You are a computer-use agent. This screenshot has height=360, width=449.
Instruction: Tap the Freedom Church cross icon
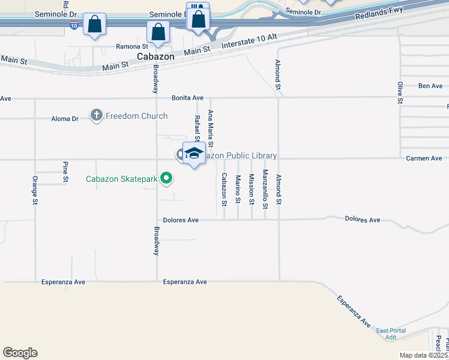point(97,116)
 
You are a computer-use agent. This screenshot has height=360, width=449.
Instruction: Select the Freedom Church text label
point(136,116)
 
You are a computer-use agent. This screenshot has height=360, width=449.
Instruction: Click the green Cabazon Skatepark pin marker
point(167,178)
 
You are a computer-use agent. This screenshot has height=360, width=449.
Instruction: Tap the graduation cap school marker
point(194,153)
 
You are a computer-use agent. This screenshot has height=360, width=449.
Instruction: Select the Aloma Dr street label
point(67,119)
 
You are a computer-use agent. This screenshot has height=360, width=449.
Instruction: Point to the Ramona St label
point(132,46)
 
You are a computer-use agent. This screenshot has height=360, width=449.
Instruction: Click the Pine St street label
point(65,172)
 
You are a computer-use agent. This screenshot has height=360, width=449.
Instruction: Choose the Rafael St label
point(196,127)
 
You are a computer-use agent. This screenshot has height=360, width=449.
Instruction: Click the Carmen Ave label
point(424,158)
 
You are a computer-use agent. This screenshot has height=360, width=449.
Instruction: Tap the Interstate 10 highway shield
point(73,26)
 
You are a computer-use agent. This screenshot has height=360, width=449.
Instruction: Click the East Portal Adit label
point(391,334)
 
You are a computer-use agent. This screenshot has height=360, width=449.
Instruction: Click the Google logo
point(20,353)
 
